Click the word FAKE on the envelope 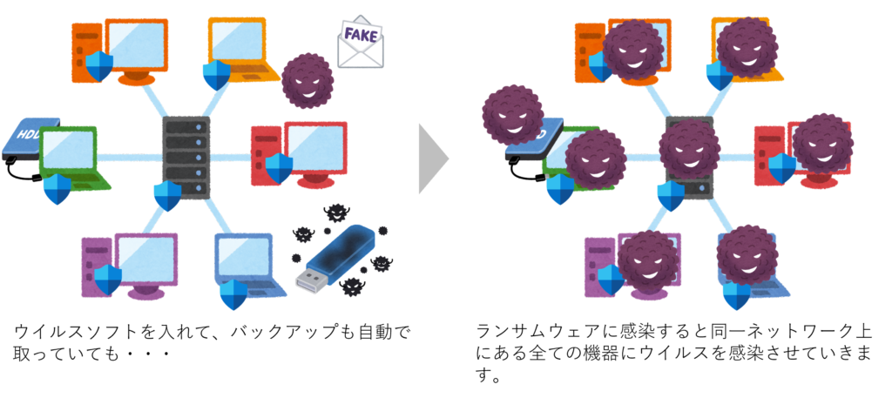point(361,36)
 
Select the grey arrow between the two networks point(433,159)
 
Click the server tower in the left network point(186,157)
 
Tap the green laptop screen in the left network point(68,151)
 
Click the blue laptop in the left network point(247,260)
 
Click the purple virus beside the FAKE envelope point(307,79)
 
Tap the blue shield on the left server point(167,195)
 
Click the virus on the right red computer point(821,142)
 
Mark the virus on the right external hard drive point(511,114)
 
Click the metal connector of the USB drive point(309,279)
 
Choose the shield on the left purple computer point(108,280)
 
